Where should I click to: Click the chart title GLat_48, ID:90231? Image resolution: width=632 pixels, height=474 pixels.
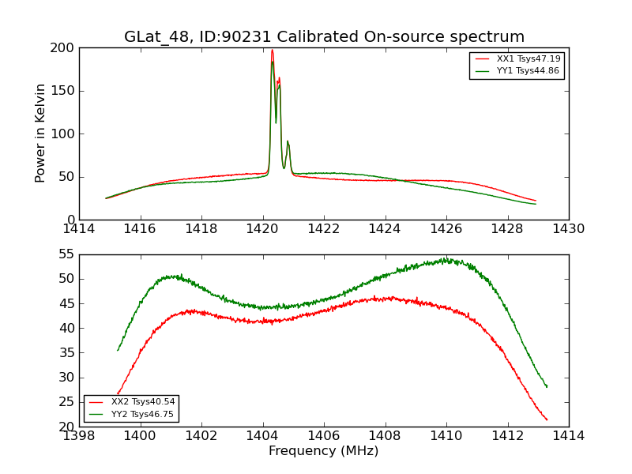pyautogui.click(x=324, y=37)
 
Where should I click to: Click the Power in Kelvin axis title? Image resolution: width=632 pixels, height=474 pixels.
pyautogui.click(x=40, y=133)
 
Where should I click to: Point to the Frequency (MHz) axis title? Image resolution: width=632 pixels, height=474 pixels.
pyautogui.click(x=324, y=451)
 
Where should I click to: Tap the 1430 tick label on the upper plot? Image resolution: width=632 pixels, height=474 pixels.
pyautogui.click(x=569, y=229)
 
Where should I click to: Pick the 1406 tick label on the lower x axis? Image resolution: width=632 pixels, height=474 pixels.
pyautogui.click(x=324, y=436)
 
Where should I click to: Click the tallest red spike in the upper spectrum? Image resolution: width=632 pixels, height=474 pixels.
pyautogui.click(x=272, y=51)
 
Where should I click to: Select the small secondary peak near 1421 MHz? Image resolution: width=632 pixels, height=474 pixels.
pyautogui.click(x=288, y=142)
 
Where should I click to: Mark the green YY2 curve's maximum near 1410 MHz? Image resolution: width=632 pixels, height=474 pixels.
pyautogui.click(x=446, y=258)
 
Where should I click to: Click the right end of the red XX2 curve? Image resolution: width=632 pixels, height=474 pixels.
pyautogui.click(x=547, y=419)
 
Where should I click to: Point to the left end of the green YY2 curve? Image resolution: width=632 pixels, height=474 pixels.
pyautogui.click(x=118, y=350)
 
